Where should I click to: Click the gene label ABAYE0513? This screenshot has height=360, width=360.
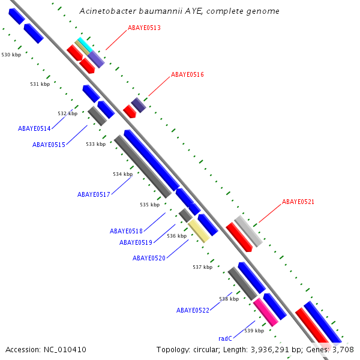point(144,28)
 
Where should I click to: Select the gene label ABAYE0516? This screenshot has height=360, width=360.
point(187,75)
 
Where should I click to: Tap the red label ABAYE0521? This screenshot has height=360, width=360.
point(298,202)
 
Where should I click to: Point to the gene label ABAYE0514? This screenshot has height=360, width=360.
point(34,128)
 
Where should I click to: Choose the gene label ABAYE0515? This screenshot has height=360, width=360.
point(49,145)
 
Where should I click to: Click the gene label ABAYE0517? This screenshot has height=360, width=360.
point(94,194)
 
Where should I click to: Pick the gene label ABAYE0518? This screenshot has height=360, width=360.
point(126,231)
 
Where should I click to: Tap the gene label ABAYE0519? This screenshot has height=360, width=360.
point(136,242)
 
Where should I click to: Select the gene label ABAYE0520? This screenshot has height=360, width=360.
point(149,258)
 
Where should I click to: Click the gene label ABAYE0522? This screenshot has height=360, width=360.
point(193,310)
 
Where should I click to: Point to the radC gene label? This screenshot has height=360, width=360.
point(225,338)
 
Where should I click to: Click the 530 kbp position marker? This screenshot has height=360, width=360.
point(11,55)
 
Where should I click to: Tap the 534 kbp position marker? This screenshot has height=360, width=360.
point(122,174)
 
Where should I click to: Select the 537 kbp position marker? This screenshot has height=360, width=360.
point(202,267)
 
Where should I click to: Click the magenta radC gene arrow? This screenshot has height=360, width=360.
point(265,312)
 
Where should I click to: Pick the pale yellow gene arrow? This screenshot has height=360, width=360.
point(199,230)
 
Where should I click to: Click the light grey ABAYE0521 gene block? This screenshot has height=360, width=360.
point(248,231)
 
